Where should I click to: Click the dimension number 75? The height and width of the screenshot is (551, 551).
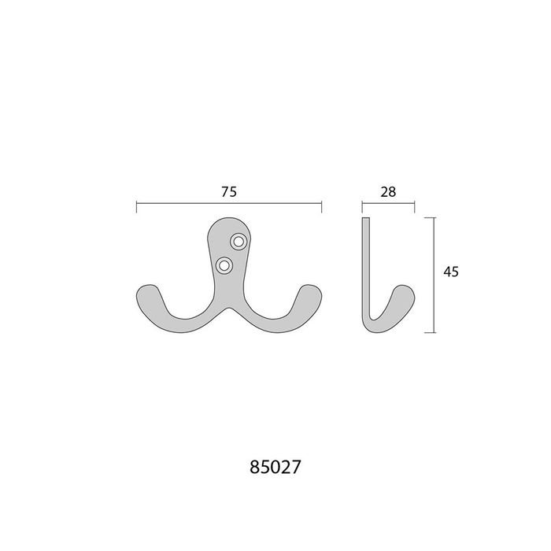(229, 192)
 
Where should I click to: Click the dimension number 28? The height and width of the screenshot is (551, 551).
(388, 192)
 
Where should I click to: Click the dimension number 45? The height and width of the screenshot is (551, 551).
(451, 272)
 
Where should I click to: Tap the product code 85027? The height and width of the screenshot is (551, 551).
(275, 468)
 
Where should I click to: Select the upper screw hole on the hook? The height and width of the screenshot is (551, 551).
(239, 242)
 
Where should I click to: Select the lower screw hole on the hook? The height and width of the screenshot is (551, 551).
(224, 265)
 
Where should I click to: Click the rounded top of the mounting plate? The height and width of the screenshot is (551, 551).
(229, 219)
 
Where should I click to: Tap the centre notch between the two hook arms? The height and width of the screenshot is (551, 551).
(229, 309)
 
